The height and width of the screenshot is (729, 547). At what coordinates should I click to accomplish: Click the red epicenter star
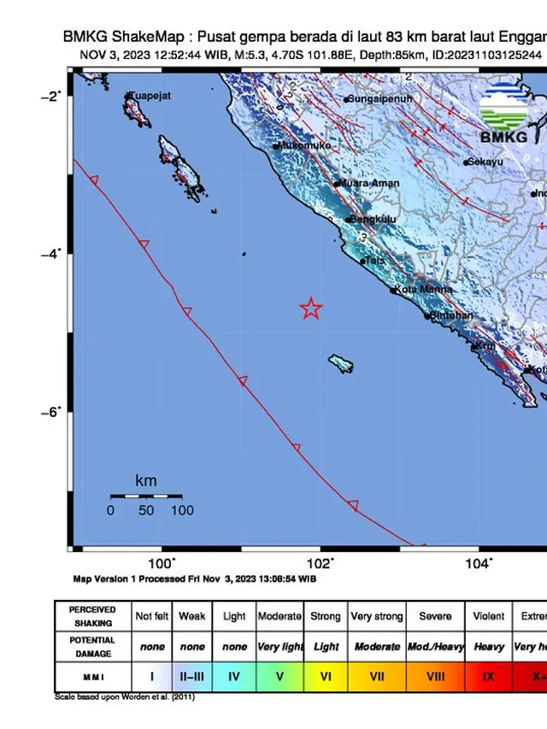click(x=311, y=309)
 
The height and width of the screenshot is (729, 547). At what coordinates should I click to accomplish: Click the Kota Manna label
click(x=421, y=291)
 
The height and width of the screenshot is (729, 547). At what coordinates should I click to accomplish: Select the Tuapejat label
click(x=150, y=96)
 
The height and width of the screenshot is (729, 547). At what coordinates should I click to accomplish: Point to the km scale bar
click(x=145, y=496)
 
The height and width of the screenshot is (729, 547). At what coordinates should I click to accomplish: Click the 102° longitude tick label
click(x=320, y=563)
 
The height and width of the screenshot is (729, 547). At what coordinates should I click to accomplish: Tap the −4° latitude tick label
click(x=52, y=253)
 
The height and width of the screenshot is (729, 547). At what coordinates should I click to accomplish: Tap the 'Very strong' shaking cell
click(x=376, y=616)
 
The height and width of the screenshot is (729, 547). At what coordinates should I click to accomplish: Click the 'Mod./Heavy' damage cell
click(x=434, y=647)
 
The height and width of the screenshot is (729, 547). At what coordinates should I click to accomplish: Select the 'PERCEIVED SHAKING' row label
click(x=92, y=616)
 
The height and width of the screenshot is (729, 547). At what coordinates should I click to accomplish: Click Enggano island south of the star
click(x=342, y=364)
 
